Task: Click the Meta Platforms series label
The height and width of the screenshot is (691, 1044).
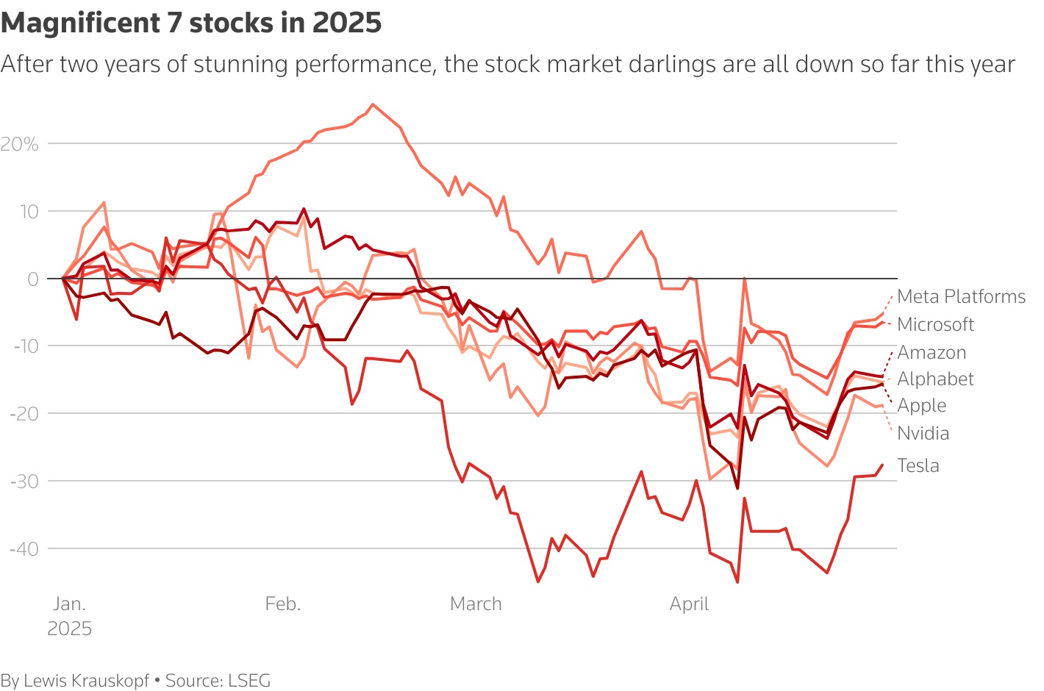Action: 961,297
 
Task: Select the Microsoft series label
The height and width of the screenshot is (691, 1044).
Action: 935,325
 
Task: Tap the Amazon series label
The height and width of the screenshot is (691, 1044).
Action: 932,353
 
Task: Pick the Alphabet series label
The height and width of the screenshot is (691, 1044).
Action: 935,379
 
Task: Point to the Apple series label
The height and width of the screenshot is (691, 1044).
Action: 922,406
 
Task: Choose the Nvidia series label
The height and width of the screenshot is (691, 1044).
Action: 923,434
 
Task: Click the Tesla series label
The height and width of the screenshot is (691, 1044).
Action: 918,466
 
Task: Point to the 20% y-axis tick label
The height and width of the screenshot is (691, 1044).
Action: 20,144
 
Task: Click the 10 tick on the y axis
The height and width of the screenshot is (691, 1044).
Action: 28,212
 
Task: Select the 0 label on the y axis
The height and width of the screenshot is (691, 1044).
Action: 33,279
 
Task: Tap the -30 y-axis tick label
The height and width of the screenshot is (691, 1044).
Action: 24,481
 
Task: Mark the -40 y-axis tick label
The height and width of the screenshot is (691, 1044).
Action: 24,549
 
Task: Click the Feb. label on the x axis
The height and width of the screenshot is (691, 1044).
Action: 283,604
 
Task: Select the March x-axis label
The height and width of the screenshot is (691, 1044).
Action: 476,604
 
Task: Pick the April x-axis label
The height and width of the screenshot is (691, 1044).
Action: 689,604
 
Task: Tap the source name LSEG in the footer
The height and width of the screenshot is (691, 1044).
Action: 249,681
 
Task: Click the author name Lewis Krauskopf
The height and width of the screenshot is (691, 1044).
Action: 86,681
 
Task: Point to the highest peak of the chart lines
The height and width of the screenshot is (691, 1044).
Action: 373,104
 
